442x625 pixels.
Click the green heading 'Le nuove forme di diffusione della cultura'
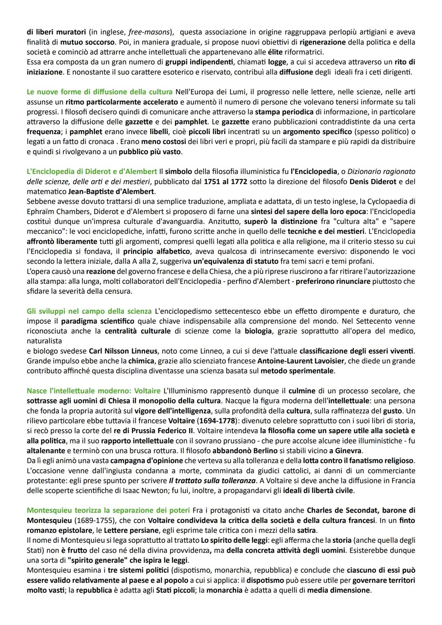(94, 92)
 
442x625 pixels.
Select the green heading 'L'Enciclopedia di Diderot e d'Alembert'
(92, 171)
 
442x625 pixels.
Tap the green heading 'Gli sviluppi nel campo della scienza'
(89, 311)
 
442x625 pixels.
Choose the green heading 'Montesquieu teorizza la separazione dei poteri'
(108, 510)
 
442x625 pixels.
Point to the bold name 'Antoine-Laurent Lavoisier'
(301, 361)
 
